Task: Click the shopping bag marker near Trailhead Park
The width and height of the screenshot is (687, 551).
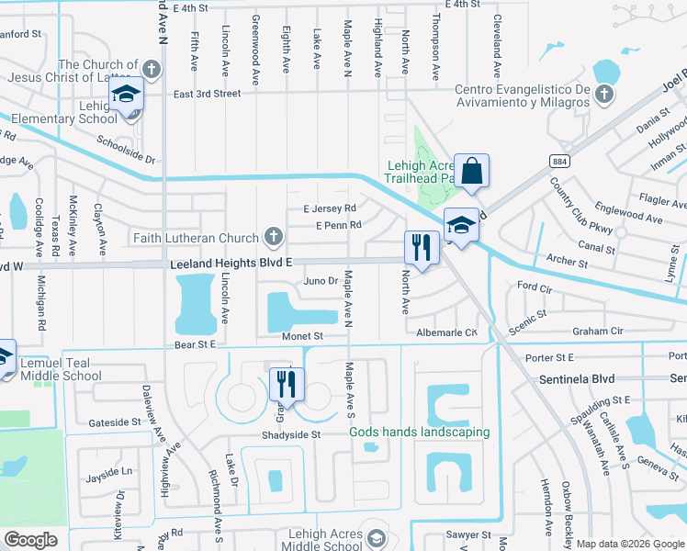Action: (x=471, y=171)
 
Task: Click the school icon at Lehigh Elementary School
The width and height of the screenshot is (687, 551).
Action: (x=125, y=95)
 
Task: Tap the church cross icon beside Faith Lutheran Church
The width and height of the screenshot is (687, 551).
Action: (x=272, y=237)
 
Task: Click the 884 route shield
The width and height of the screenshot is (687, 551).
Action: (x=559, y=161)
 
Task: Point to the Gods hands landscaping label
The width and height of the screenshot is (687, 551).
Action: (x=419, y=432)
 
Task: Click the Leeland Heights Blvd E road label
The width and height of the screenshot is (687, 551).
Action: (x=231, y=264)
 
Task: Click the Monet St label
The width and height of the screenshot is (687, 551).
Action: (x=303, y=337)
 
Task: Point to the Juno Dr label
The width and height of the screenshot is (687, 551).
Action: (x=321, y=281)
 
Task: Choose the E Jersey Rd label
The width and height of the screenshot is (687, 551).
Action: (x=330, y=208)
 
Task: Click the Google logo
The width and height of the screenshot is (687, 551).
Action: (x=30, y=539)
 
